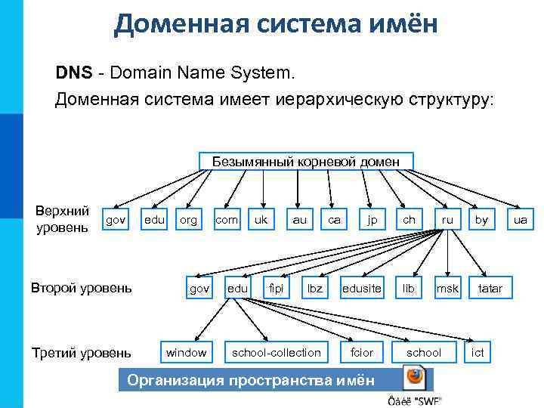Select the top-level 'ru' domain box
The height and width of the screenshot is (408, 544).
tap(448, 220)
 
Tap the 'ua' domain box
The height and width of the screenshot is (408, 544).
tap(520, 220)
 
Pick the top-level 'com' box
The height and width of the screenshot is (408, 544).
tap(226, 220)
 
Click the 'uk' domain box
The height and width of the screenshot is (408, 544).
tap(261, 220)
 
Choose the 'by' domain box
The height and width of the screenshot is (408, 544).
tap(481, 220)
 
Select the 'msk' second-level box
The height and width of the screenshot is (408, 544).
tap(447, 288)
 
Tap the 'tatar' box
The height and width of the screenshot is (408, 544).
tap(490, 288)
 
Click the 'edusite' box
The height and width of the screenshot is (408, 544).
tap(362, 288)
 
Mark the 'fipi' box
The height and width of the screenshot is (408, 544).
tap(277, 288)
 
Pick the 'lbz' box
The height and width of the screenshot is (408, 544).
tap(314, 288)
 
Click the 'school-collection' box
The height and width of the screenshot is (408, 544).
tap(276, 352)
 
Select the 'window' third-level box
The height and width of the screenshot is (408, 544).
tap(186, 352)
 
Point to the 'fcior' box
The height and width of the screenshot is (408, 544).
tap(362, 352)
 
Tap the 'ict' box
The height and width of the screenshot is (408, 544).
tap(478, 352)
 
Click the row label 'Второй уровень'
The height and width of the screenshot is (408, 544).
tap(81, 288)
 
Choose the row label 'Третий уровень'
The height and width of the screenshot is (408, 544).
tap(81, 352)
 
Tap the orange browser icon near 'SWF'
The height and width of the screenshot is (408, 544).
tap(414, 377)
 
